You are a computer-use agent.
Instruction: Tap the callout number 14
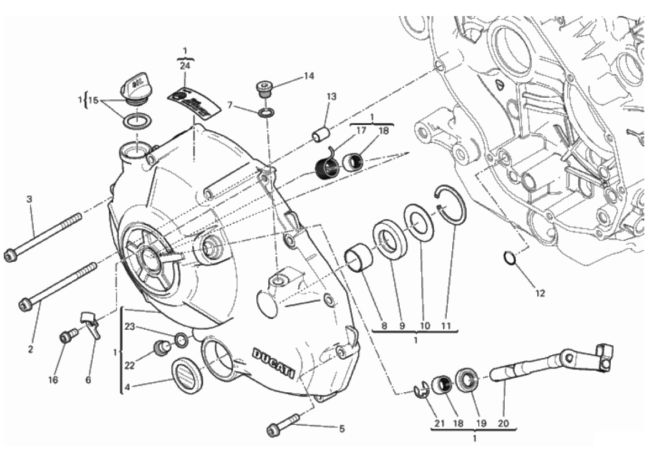(308, 76)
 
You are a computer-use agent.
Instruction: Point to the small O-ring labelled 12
(510, 258)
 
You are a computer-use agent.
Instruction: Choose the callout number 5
(341, 428)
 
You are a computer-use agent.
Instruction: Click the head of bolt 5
(273, 430)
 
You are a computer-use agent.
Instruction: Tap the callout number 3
(30, 198)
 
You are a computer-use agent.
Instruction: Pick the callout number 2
(30, 349)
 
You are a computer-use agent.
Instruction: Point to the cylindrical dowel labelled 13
(321, 135)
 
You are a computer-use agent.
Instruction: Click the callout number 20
(503, 424)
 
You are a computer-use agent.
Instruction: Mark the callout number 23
(129, 326)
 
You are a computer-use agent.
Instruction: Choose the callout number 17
(361, 130)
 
